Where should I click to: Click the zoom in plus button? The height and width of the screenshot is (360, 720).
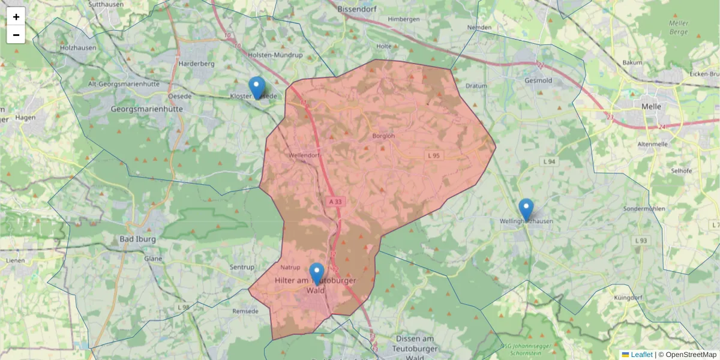click(16, 17)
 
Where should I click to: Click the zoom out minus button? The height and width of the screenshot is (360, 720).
click(16, 35)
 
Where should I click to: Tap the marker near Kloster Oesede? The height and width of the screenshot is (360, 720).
click(257, 88)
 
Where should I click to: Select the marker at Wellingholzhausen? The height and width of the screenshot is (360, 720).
click(526, 210)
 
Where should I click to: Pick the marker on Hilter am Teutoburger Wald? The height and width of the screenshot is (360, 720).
click(316, 274)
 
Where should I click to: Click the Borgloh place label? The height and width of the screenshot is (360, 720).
click(384, 136)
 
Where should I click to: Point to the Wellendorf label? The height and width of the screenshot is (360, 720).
click(304, 155)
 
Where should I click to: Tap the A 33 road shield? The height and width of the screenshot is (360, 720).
click(335, 202)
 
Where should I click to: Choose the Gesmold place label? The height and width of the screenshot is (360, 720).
click(538, 80)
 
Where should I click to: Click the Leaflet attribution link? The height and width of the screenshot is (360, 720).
click(641, 355)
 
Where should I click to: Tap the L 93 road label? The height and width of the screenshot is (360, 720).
click(641, 241)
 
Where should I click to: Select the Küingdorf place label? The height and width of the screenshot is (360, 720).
click(629, 298)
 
